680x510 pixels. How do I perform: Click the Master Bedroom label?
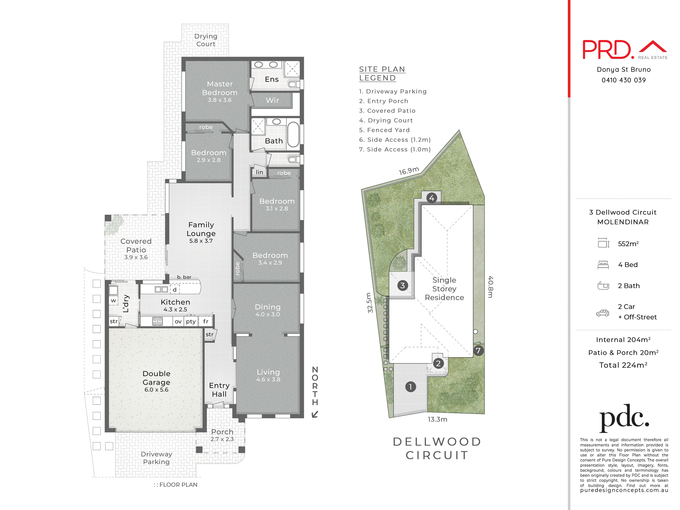(x=220, y=88)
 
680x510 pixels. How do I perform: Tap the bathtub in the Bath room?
(x=293, y=135)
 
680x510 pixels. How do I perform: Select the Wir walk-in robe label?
(x=272, y=100)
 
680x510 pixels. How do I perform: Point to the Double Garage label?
(x=157, y=378)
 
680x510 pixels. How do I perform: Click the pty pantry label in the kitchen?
(x=191, y=321)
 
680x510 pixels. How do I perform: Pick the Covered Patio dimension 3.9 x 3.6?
(x=136, y=257)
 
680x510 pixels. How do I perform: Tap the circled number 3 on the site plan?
(x=402, y=285)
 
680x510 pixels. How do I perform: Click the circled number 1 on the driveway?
(x=410, y=387)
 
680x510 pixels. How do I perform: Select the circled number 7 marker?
(x=478, y=351)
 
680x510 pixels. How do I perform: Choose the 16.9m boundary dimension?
(x=409, y=171)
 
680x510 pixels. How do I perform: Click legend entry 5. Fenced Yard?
(x=384, y=130)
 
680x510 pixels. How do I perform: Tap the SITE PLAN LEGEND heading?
(x=382, y=74)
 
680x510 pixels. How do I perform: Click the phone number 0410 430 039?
(x=623, y=80)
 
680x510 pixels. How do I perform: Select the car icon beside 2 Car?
(x=602, y=313)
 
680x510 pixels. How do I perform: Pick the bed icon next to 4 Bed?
(x=603, y=265)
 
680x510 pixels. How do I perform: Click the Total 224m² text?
(x=623, y=365)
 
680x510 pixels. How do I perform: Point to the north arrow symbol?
(x=315, y=414)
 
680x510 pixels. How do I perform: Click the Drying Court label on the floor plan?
(x=206, y=40)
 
